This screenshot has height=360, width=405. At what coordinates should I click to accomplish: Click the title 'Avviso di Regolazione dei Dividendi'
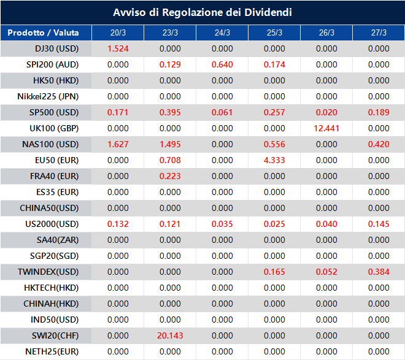(202, 12)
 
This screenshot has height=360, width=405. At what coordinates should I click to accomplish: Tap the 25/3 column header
(274, 33)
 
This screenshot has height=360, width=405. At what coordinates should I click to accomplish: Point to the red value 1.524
(118, 48)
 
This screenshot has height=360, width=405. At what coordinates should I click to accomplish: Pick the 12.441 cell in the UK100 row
(326, 128)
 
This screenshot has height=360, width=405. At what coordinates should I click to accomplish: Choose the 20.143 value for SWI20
(170, 335)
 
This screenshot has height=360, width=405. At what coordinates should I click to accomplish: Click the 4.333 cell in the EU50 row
(274, 160)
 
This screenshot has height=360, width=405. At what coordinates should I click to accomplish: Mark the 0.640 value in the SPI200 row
(222, 64)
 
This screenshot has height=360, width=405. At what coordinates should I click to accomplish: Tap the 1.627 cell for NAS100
(118, 144)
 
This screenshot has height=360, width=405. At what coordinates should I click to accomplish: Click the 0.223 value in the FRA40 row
(170, 176)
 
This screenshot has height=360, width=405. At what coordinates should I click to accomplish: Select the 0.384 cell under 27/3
(379, 272)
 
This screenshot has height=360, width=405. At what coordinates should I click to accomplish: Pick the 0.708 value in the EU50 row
(170, 160)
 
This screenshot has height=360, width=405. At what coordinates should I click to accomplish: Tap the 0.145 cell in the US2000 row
(379, 224)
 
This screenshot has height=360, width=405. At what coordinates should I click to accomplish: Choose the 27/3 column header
(379, 33)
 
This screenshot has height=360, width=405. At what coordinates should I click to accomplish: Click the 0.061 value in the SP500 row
(222, 112)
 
